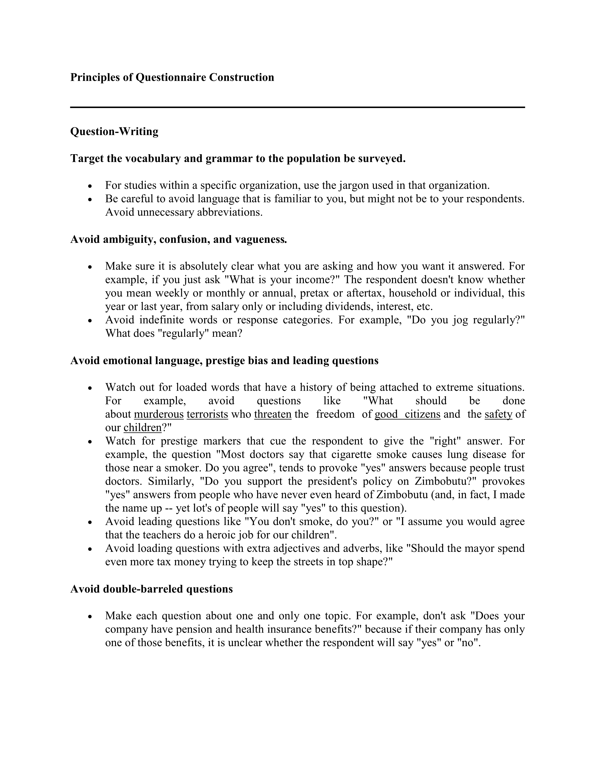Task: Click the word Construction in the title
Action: (x=241, y=77)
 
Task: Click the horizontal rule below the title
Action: (x=297, y=107)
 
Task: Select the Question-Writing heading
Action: (x=114, y=132)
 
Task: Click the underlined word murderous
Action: (x=159, y=414)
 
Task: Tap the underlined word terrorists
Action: (x=207, y=414)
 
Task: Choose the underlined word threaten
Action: (x=273, y=414)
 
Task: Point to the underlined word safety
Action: (x=498, y=414)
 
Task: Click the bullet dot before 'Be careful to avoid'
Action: (x=90, y=199)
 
